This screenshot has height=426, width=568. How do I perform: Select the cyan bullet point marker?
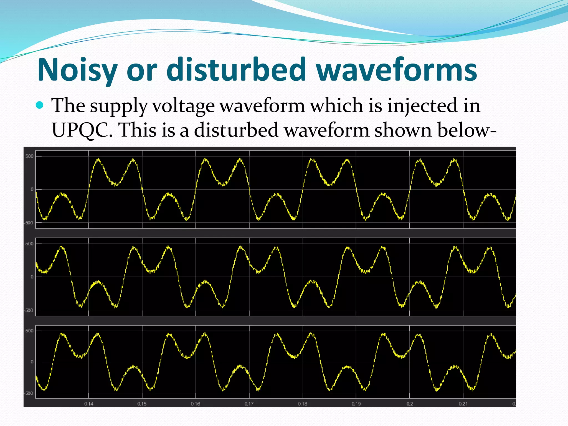click(x=40, y=105)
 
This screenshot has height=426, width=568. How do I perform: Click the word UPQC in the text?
click(x=82, y=130)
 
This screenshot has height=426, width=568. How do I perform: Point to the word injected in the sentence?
click(x=422, y=106)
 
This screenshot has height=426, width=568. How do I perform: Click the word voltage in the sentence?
click(x=184, y=106)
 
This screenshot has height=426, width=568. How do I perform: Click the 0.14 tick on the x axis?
click(x=89, y=404)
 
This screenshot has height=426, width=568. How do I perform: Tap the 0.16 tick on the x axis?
click(x=196, y=404)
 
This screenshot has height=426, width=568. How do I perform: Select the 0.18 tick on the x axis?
click(x=303, y=404)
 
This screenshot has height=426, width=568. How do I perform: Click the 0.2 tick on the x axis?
click(x=410, y=404)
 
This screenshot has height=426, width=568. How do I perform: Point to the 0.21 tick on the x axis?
click(x=463, y=404)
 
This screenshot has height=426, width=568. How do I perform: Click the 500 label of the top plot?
click(x=29, y=156)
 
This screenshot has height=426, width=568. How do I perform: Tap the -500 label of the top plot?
click(x=29, y=223)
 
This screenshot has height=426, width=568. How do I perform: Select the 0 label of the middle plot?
click(x=32, y=277)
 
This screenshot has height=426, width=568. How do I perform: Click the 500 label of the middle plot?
click(x=29, y=244)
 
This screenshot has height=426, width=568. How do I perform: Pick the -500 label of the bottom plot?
click(x=29, y=393)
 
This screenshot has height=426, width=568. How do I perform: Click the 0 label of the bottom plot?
click(x=32, y=362)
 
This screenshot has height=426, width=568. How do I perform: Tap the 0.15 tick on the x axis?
click(x=142, y=404)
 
